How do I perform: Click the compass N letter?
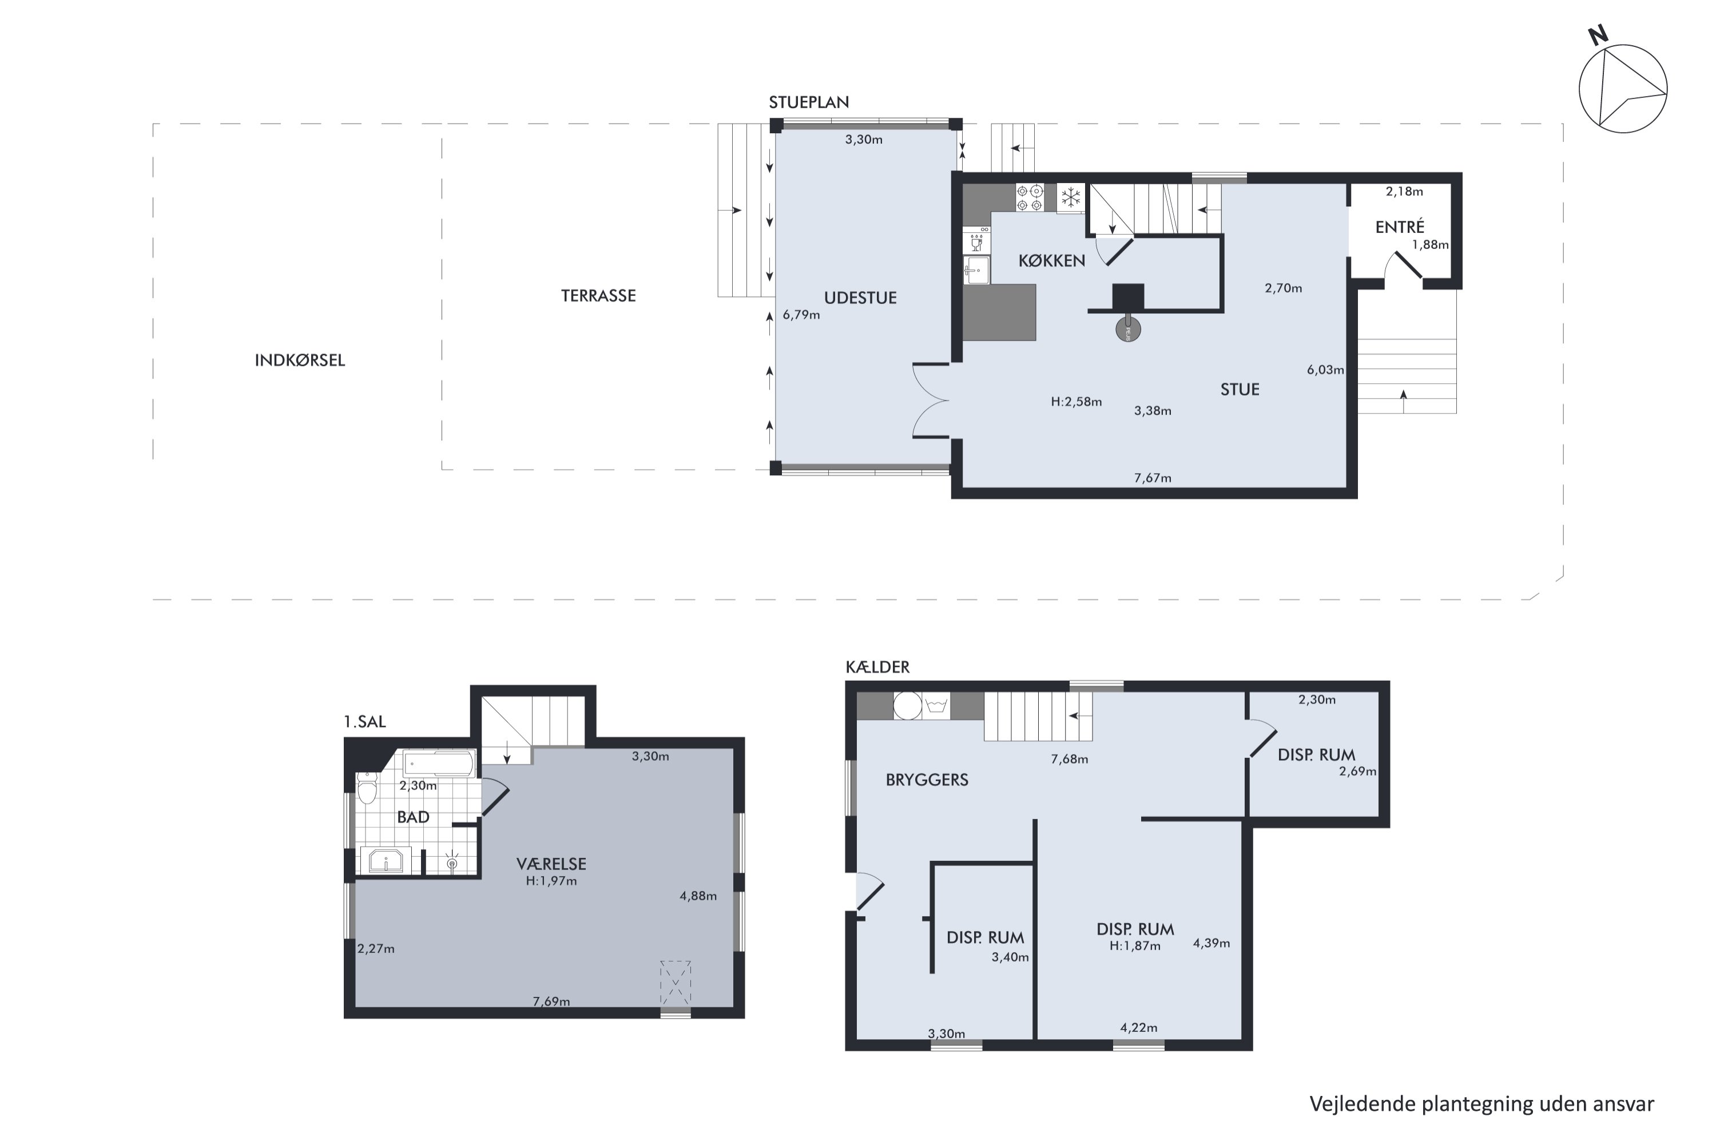pyautogui.click(x=1598, y=35)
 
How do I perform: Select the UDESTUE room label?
pyautogui.click(x=860, y=297)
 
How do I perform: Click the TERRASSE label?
pyautogui.click(x=598, y=296)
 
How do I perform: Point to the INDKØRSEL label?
pyautogui.click(x=300, y=360)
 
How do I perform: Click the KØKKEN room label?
pyautogui.click(x=1051, y=260)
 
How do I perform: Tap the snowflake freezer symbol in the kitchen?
pyautogui.click(x=1070, y=197)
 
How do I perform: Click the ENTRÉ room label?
pyautogui.click(x=1399, y=227)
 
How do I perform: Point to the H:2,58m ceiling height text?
pyautogui.click(x=1076, y=402)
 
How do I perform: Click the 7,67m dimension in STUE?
pyautogui.click(x=1153, y=478)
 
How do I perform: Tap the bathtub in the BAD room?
pyautogui.click(x=439, y=764)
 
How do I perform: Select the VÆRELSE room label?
pyautogui.click(x=551, y=864)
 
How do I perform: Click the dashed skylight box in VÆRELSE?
pyautogui.click(x=676, y=982)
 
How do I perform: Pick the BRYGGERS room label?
pyautogui.click(x=927, y=780)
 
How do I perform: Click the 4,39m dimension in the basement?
pyautogui.click(x=1211, y=943)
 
